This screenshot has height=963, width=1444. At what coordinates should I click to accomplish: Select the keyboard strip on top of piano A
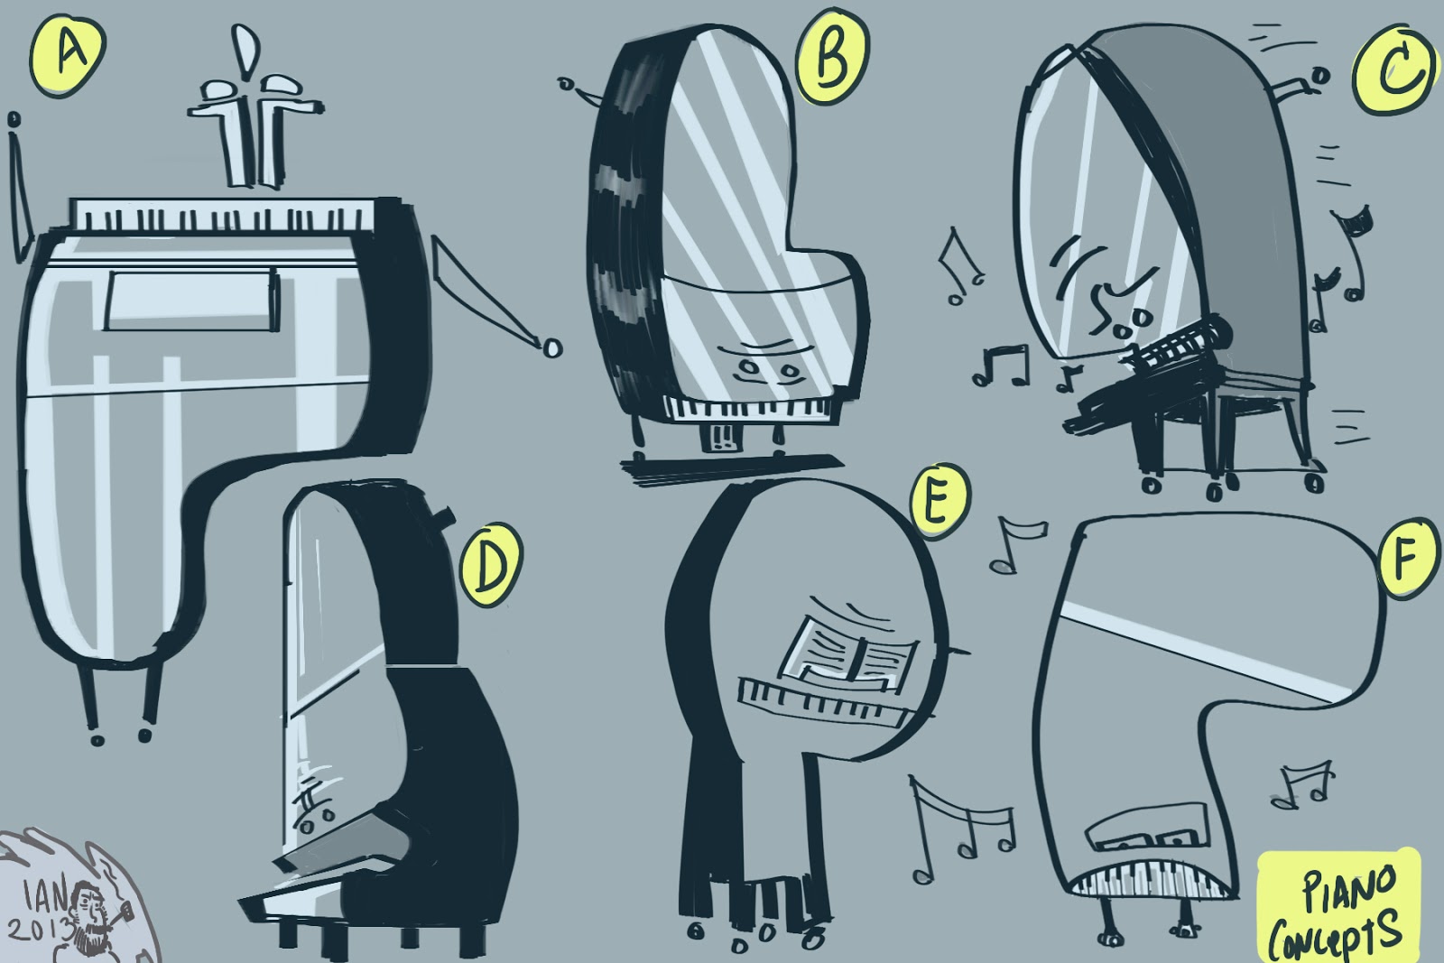pyautogui.click(x=222, y=216)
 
